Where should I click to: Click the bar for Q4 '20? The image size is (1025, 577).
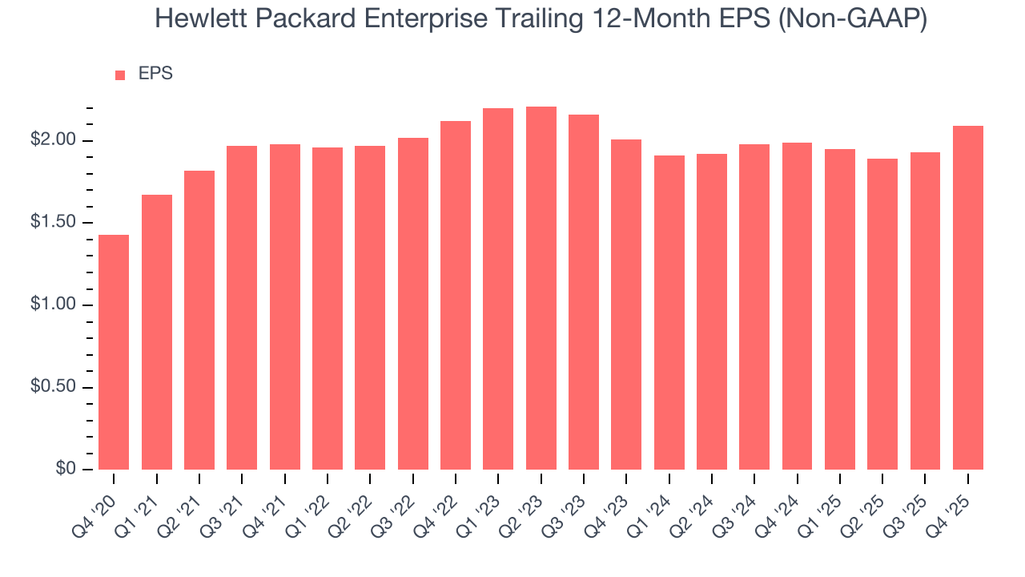click(114, 352)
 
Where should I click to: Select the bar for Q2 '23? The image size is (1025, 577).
click(541, 288)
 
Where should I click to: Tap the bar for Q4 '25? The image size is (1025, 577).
click(968, 297)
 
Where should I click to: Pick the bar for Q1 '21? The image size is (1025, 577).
click(156, 332)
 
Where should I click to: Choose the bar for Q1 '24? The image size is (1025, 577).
click(669, 313)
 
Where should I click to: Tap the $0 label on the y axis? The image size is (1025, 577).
click(65, 469)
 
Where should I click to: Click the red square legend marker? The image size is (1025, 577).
click(120, 75)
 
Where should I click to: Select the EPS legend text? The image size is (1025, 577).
click(155, 74)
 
